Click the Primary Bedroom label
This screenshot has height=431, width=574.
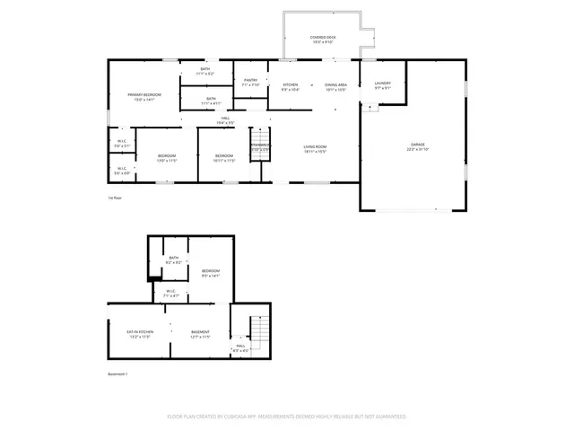coord(143,96)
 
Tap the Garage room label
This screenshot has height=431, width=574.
coord(418,146)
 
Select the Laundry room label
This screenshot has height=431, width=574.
coord(383,85)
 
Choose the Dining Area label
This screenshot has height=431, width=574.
coord(336,87)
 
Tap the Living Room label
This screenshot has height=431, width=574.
coord(314,149)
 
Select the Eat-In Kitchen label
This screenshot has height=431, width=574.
coord(138,334)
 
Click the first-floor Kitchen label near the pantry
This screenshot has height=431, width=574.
coord(290,87)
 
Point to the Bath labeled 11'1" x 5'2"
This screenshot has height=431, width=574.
coord(205,71)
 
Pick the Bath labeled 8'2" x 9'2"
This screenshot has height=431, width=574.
coord(174,260)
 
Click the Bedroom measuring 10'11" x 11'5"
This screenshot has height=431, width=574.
coord(223,158)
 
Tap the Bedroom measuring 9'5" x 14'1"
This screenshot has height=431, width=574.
coord(211,273)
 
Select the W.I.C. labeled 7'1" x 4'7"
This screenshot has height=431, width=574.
coord(170,292)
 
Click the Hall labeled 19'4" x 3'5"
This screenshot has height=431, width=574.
coord(227,120)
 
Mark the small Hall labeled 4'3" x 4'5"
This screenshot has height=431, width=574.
coord(240,347)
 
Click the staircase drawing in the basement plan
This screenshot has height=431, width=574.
coord(258,334)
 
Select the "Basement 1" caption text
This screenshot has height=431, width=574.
coord(117,374)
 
